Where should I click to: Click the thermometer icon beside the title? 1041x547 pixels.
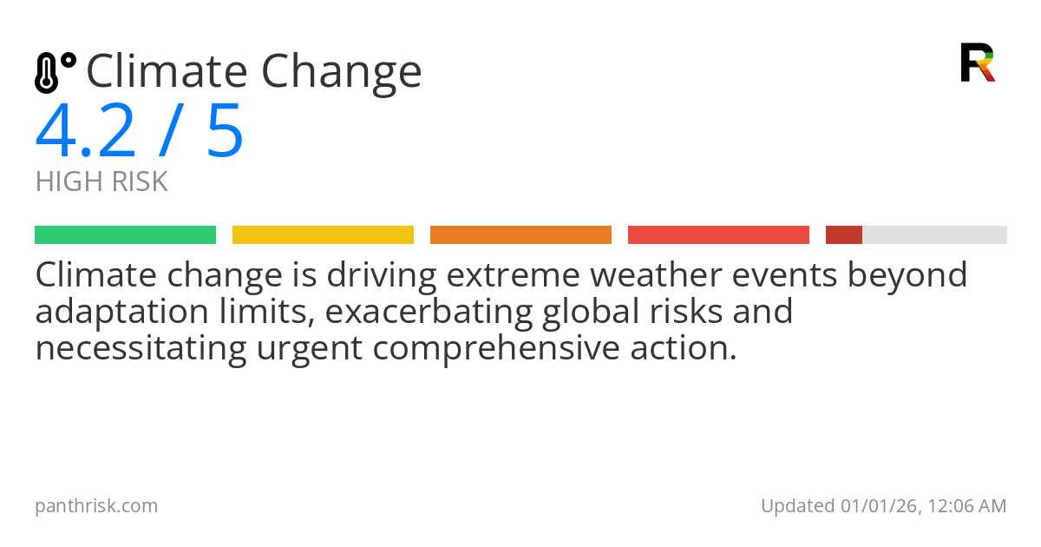click(x=55, y=73)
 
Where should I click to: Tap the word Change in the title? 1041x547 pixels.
click(x=342, y=73)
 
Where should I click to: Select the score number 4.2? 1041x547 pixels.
click(x=86, y=132)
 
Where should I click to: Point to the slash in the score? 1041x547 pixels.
click(x=170, y=132)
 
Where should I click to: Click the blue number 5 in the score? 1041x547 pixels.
click(x=225, y=132)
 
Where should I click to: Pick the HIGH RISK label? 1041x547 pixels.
click(x=101, y=182)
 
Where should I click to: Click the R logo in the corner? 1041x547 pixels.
click(x=977, y=63)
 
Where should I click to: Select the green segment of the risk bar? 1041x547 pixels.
click(x=125, y=235)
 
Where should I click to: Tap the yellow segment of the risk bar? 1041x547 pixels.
click(x=323, y=235)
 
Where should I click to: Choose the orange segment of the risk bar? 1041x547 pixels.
click(x=520, y=235)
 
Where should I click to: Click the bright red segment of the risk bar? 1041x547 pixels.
click(x=718, y=235)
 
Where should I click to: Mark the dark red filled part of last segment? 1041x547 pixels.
click(x=843, y=235)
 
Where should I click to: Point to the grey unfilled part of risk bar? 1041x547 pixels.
click(x=934, y=235)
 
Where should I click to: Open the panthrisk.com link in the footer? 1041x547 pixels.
click(x=96, y=506)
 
